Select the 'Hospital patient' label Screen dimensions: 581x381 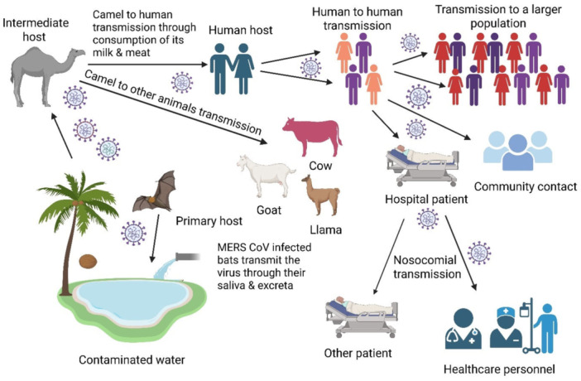(427, 200)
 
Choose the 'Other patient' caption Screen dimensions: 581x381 (358, 353)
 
